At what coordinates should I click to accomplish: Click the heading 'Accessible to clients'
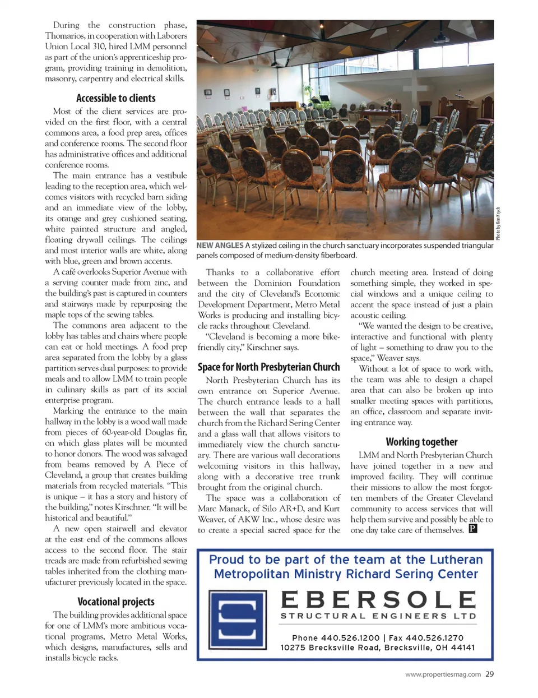point(116,98)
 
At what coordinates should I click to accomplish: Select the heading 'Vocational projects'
point(116,602)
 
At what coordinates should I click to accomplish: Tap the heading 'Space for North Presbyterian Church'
point(268,367)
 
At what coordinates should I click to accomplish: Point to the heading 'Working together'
point(421,442)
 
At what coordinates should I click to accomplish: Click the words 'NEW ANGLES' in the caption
point(219,246)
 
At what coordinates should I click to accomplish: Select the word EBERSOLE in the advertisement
point(379,600)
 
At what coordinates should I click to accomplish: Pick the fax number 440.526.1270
point(434,638)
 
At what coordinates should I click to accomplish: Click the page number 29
point(489,674)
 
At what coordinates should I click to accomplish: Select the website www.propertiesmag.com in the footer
point(443,674)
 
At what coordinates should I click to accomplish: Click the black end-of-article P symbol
point(473,529)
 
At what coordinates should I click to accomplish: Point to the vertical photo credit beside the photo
point(498,223)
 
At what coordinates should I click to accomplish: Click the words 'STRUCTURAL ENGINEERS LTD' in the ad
point(379,616)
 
